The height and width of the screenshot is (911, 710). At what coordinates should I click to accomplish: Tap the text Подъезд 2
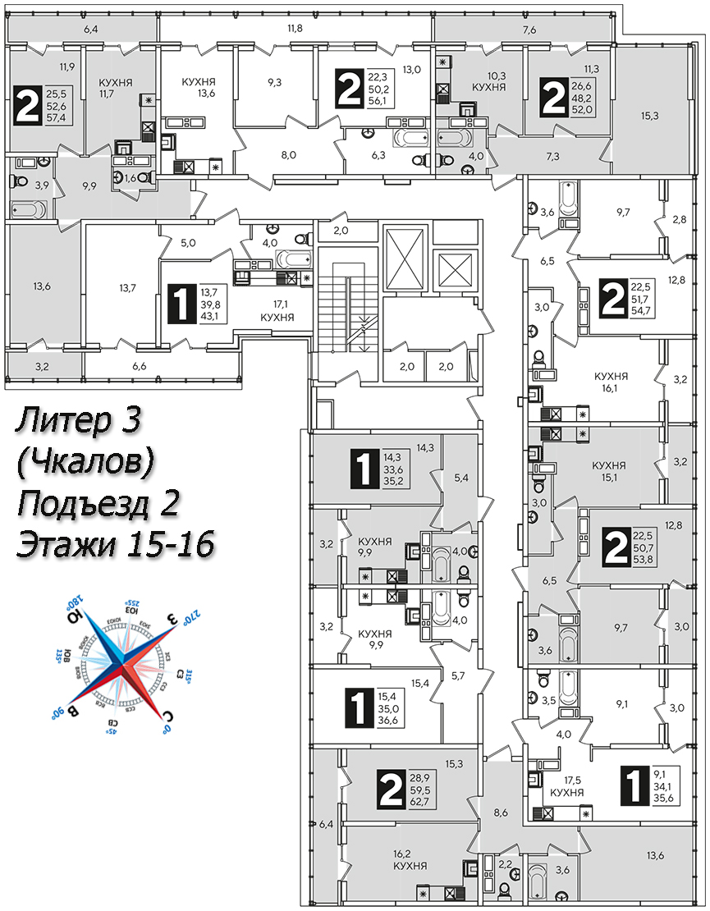pyautogui.click(x=98, y=503)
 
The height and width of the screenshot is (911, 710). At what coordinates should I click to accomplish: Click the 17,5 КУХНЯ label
pyautogui.click(x=567, y=786)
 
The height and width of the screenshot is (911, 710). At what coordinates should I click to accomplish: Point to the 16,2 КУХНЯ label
pyautogui.click(x=410, y=859)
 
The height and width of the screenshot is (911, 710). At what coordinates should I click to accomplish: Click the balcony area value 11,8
pyautogui.click(x=295, y=29)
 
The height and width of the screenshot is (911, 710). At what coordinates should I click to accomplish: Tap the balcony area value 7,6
pyautogui.click(x=529, y=30)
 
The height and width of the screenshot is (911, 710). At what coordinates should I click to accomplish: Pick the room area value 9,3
pyautogui.click(x=274, y=82)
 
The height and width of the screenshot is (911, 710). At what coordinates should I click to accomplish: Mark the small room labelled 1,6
pyautogui.click(x=131, y=176)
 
